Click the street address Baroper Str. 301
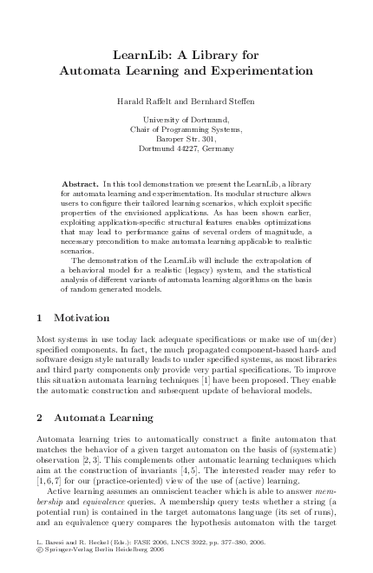[186, 139]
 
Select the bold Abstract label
[81, 185]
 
